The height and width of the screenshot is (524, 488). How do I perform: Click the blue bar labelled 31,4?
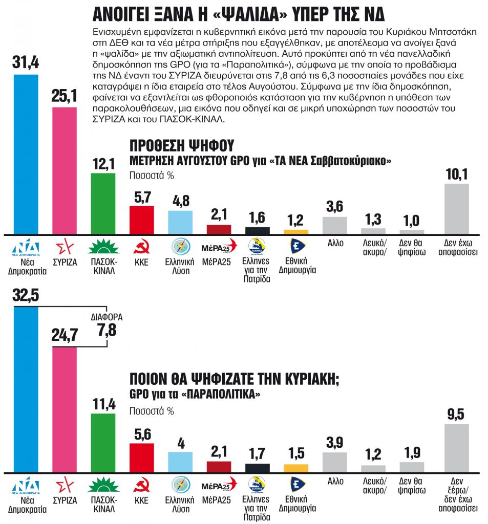pyautogui.click(x=25, y=154)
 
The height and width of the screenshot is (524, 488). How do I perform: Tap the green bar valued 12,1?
pyautogui.click(x=103, y=203)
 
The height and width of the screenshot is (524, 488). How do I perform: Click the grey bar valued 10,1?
pyautogui.click(x=456, y=208)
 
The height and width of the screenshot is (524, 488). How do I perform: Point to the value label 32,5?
pyautogui.click(x=25, y=296)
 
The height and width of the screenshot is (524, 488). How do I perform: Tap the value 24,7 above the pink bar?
pyautogui.click(x=65, y=335)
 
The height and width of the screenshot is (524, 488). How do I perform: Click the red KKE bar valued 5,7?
pyautogui.click(x=142, y=220)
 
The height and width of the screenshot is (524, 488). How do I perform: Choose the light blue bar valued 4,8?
pyautogui.click(x=180, y=222)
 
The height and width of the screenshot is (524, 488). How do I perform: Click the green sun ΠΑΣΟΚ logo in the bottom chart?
pyautogui.click(x=103, y=484)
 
